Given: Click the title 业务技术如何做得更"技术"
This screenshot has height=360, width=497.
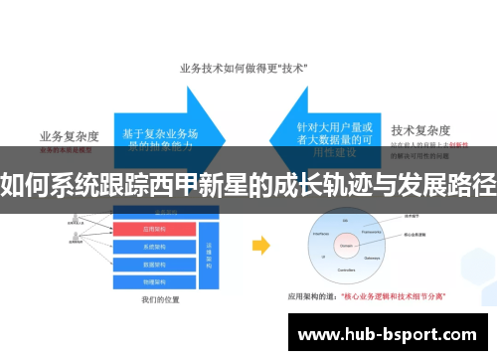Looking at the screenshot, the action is pyautogui.click(x=243, y=69).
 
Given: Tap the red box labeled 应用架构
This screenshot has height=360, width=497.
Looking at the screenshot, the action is pyautogui.click(x=159, y=228).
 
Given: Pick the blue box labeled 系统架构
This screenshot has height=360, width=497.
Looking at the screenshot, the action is pyautogui.click(x=159, y=246).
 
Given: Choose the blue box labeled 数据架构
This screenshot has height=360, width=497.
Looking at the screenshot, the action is pyautogui.click(x=159, y=264).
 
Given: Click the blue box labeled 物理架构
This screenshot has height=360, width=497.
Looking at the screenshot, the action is pyautogui.click(x=159, y=281).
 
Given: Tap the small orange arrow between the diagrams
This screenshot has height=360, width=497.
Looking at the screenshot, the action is pyautogui.click(x=260, y=245).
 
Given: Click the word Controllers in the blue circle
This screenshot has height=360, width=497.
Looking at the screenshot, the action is pyautogui.click(x=346, y=269).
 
